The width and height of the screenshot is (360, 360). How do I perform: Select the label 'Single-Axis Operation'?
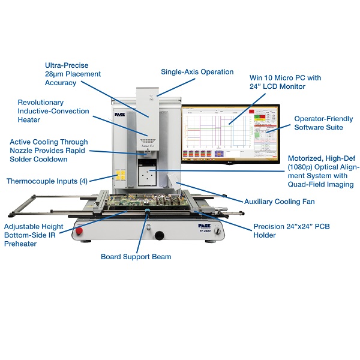tap(197, 72)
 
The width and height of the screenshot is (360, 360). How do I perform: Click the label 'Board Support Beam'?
tap(136, 257)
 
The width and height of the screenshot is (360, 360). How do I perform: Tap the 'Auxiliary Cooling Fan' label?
tap(279, 202)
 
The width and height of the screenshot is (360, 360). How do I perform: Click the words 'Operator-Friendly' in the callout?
tap(323, 119)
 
